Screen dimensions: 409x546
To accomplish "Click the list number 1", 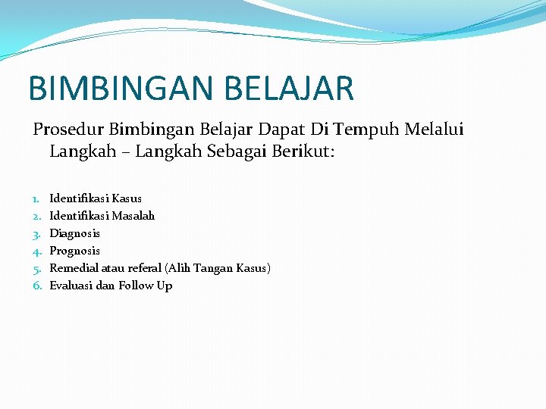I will pos(36,198).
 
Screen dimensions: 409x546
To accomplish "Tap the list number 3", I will pos(36,233).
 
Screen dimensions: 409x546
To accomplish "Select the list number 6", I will pos(36,286).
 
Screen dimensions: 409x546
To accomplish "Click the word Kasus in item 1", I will pos(127,198).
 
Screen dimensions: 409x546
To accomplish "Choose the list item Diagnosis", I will pos(74,233).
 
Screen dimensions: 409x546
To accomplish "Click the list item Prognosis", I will pos(74,251).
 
